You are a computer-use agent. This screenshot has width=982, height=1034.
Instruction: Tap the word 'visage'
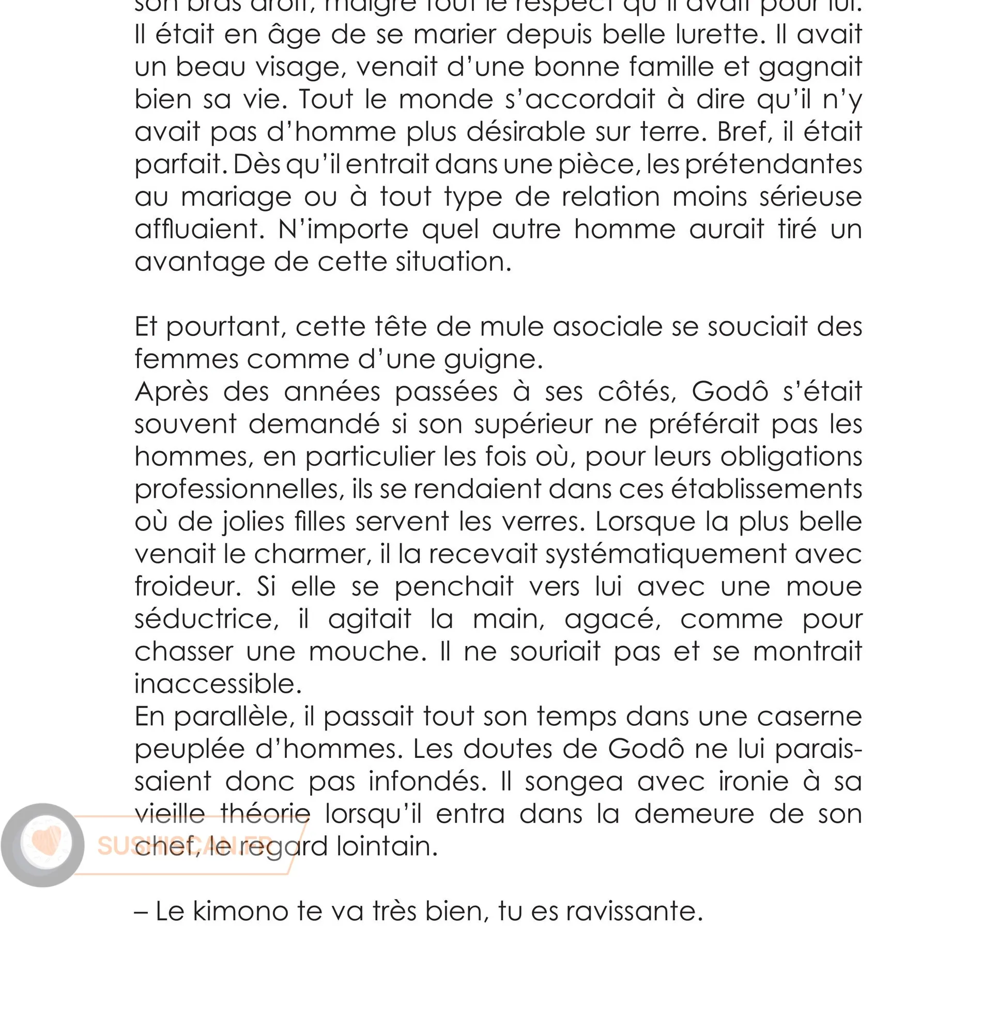(x=300, y=68)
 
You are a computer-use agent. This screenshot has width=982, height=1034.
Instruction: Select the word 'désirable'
(x=526, y=132)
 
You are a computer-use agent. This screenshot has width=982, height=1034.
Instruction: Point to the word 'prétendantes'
(x=773, y=165)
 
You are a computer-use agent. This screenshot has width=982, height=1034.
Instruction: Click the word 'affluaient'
(x=199, y=230)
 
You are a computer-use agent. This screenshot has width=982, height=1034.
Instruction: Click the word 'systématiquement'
(x=665, y=554)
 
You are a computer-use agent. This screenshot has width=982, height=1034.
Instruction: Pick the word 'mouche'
(x=367, y=652)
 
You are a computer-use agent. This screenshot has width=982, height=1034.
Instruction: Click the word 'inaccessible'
(x=218, y=685)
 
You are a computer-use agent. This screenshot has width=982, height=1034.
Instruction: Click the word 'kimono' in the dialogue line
(x=240, y=911)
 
